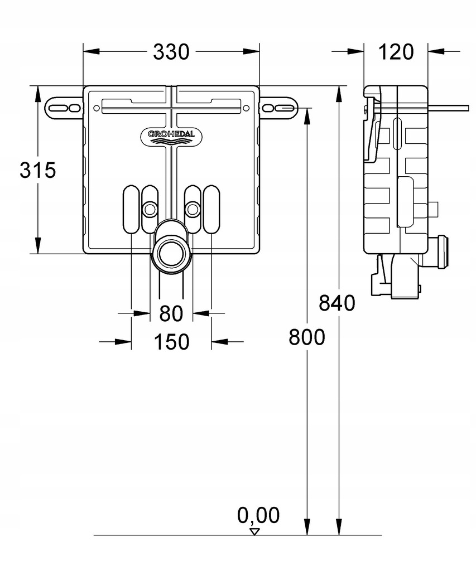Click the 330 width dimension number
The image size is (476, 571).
(171, 52)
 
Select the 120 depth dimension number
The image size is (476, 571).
(396, 52)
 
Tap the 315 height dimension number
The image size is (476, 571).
(38, 170)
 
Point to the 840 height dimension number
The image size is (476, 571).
(337, 303)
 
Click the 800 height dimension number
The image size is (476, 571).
(307, 337)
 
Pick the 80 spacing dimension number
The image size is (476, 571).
(171, 313)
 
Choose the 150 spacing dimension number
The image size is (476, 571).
(171, 342)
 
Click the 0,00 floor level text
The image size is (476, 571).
(258, 515)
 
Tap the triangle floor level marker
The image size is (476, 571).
(255, 531)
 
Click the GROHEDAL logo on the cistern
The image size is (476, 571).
(171, 135)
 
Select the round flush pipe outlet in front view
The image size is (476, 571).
(171, 253)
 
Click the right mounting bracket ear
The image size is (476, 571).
(279, 108)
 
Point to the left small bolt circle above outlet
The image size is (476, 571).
(149, 209)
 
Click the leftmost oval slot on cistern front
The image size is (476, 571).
(131, 209)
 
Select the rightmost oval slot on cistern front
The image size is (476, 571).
(211, 209)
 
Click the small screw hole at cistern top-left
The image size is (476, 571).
(96, 108)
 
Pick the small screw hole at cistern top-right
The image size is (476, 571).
(246, 108)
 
